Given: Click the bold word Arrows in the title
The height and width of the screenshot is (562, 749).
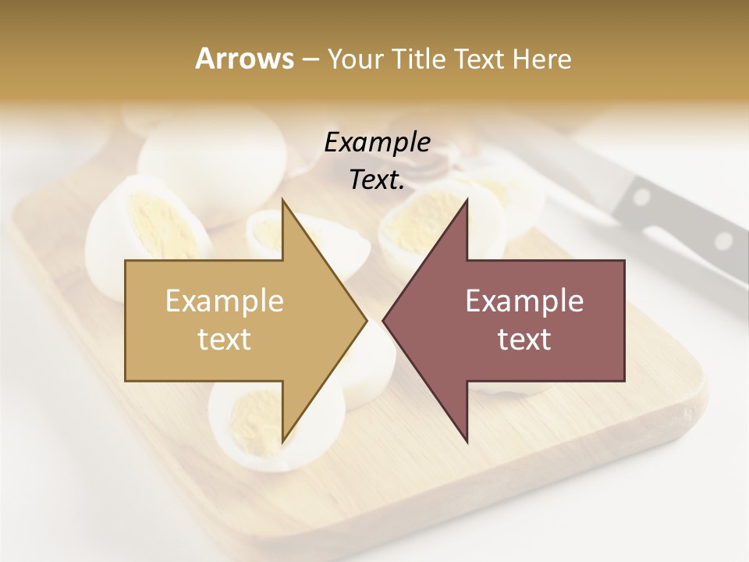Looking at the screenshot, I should (x=244, y=59).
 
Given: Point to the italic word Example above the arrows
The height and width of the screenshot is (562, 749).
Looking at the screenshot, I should (x=377, y=143).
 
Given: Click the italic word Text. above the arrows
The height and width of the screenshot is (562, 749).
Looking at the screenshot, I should (x=377, y=180).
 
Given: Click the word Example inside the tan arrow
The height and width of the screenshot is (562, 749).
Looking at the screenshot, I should (x=225, y=301).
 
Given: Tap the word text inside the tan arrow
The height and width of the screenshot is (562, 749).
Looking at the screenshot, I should (x=225, y=340).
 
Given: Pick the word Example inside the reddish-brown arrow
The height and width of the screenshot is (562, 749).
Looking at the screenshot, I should (x=524, y=301).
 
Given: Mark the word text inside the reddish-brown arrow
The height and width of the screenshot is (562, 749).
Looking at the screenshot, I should (x=524, y=340).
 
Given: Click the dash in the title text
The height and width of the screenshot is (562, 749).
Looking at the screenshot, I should (x=309, y=60).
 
